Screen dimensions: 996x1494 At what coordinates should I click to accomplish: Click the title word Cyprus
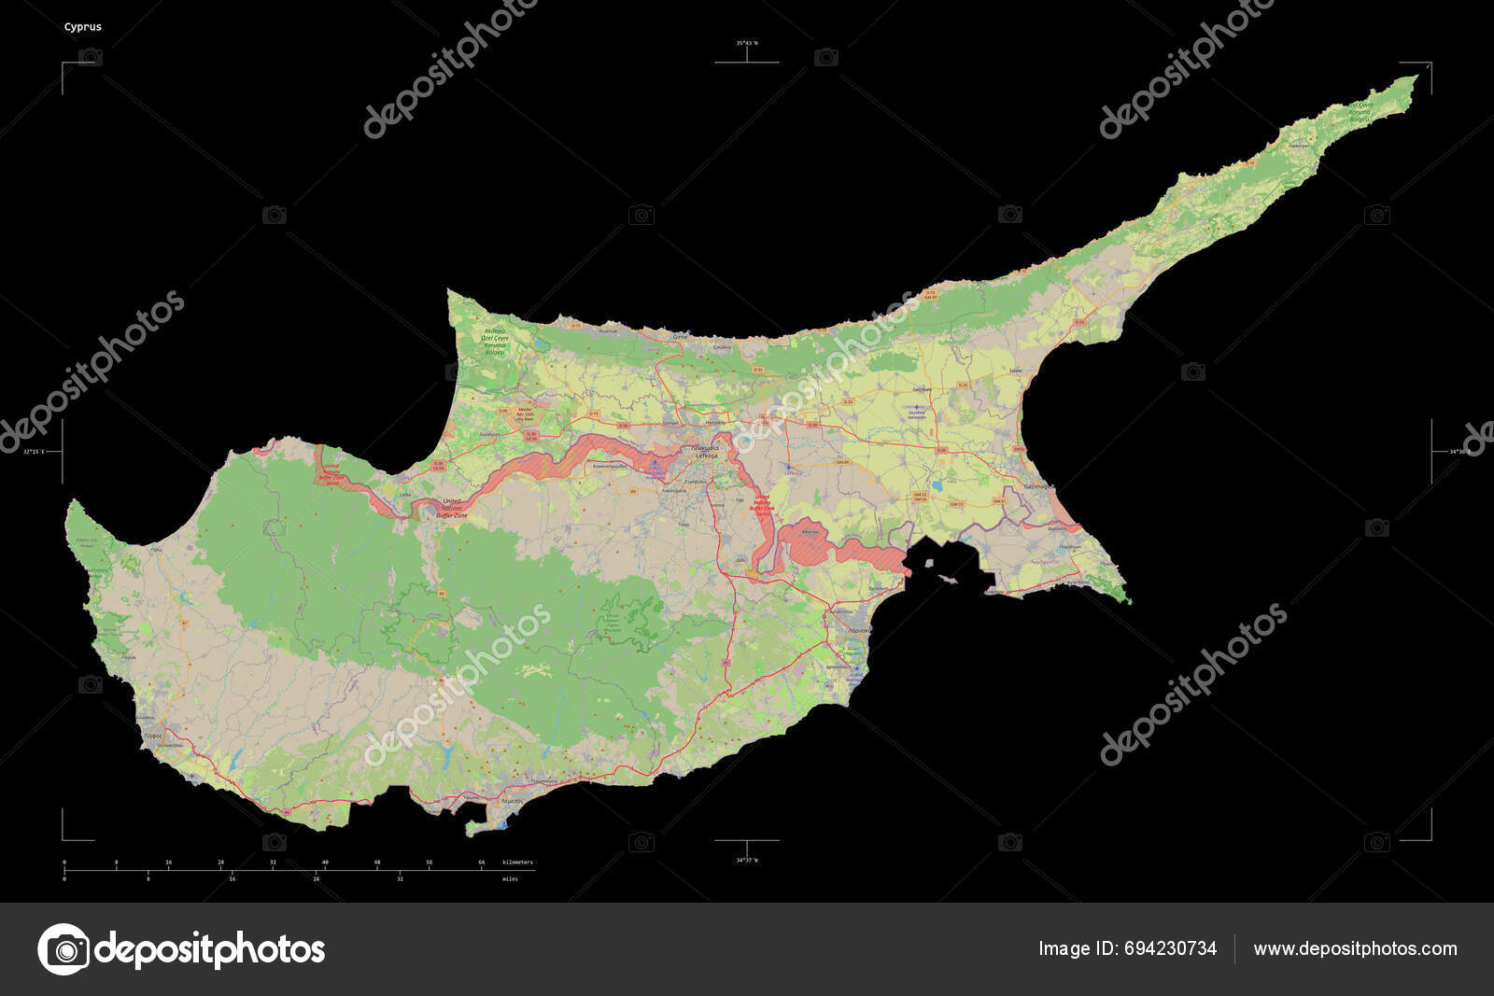coord(83,27)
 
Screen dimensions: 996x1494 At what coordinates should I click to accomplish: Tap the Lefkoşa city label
coord(705,455)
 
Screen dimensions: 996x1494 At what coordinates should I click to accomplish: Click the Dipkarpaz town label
coord(1299,146)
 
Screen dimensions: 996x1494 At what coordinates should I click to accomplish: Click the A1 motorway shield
coord(725,662)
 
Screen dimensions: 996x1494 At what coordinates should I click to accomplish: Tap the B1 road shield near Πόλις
coord(185,622)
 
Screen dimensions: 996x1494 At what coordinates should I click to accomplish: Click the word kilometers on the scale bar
coord(518,863)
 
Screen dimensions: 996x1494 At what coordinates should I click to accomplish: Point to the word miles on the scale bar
coord(510,879)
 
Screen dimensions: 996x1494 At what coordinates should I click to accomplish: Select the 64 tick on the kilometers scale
coord(482,863)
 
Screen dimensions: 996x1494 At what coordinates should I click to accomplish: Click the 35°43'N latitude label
coord(747,43)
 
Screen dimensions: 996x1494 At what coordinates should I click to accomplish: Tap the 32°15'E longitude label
coord(34,452)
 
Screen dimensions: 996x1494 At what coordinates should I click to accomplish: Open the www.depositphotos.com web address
coord(1355,949)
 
